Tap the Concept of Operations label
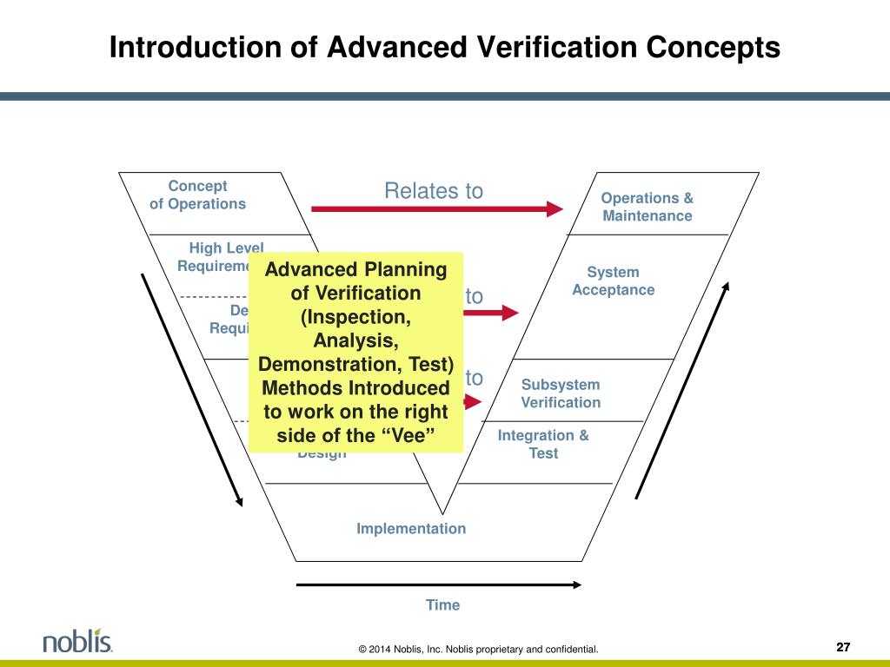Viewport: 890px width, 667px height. click(197, 195)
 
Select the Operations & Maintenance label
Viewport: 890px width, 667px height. click(648, 207)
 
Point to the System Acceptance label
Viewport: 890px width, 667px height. click(613, 281)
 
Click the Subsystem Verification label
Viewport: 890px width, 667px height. click(561, 393)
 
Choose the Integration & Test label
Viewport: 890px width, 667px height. click(543, 444)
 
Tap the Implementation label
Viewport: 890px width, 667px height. click(411, 528)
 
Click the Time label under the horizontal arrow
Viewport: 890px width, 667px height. click(442, 604)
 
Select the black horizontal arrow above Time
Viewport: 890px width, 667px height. click(439, 584)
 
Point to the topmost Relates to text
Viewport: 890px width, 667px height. click(434, 191)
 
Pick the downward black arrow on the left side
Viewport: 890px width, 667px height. click(191, 391)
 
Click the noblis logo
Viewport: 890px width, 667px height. click(77, 642)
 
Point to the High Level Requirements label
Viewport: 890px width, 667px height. click(222, 256)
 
